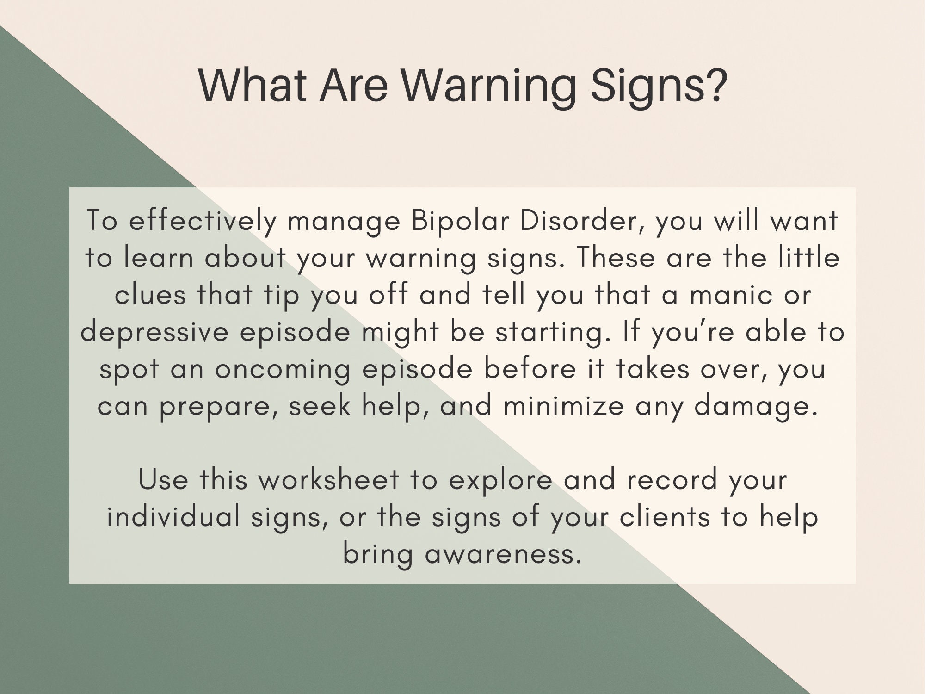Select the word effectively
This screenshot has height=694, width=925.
click(x=202, y=221)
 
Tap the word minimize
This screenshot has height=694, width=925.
click(x=563, y=406)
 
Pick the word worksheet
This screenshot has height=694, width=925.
click(x=328, y=480)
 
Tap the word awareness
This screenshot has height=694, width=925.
click(x=503, y=554)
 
